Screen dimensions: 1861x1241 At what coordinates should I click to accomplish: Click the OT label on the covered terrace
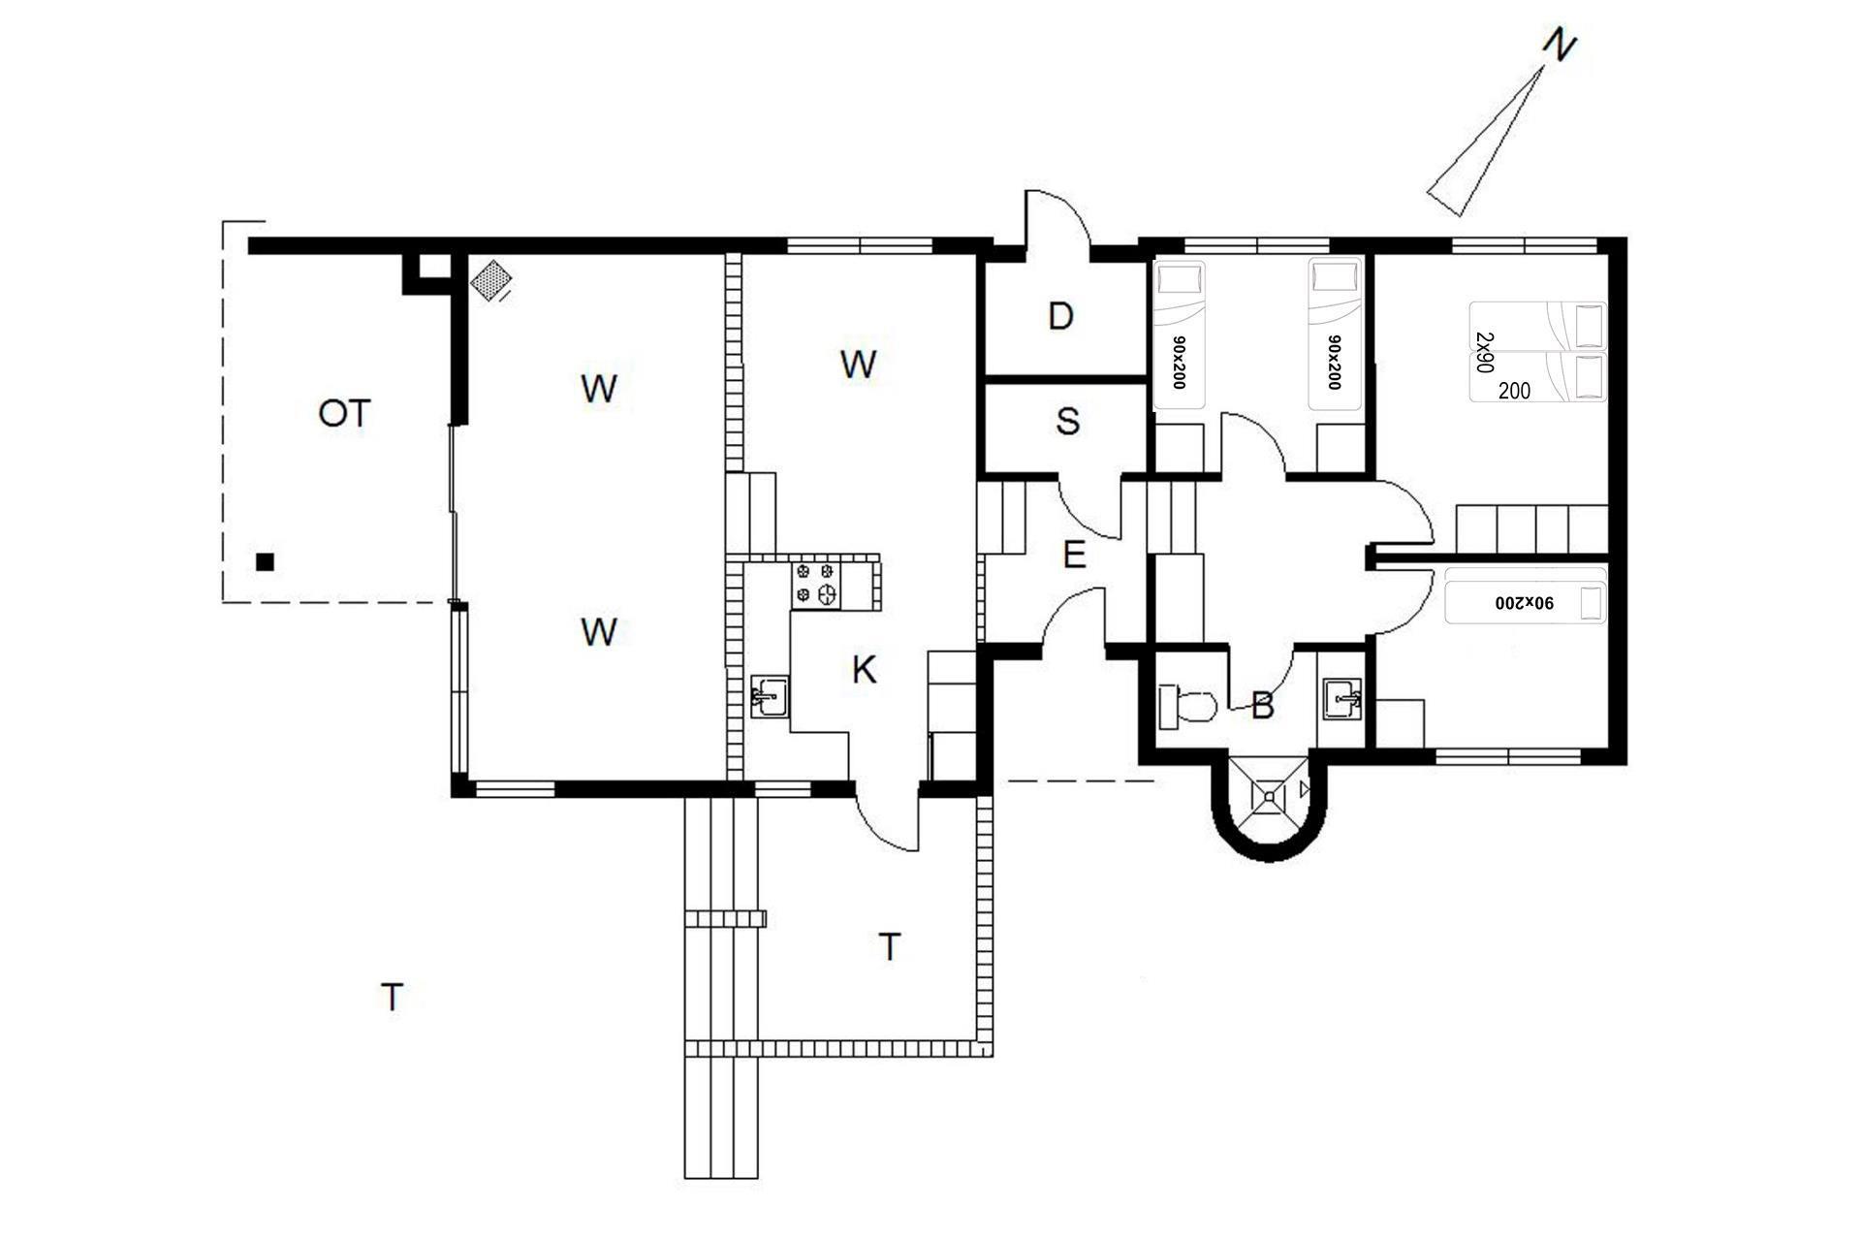[344, 414]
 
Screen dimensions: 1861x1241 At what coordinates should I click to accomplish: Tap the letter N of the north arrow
[1559, 46]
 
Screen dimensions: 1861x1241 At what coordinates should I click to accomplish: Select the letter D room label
[1061, 316]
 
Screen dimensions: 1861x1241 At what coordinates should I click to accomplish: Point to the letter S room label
[1067, 422]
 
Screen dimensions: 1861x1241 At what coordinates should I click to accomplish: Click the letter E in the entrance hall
[1074, 556]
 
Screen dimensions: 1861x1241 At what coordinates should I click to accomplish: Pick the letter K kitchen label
[864, 669]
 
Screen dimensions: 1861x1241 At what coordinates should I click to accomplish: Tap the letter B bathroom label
[1262, 707]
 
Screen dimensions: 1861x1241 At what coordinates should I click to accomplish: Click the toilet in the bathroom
[1187, 706]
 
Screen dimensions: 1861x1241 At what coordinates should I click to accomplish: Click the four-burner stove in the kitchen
[815, 585]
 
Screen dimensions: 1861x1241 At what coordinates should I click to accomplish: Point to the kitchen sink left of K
[770, 696]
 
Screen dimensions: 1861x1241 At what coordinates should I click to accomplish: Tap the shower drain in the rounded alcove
[1269, 796]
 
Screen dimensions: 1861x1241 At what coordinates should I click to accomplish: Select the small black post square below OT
[265, 561]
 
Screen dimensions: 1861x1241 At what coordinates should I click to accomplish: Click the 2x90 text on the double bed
[1484, 352]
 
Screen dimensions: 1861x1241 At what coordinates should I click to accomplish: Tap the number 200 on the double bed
[1514, 391]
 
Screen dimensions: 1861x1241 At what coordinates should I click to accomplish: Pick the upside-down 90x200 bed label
[1525, 602]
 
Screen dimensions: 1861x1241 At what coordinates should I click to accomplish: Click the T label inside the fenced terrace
[890, 946]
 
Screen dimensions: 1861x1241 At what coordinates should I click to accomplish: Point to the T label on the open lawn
[392, 997]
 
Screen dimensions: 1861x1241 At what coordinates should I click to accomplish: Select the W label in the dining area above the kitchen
[859, 365]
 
